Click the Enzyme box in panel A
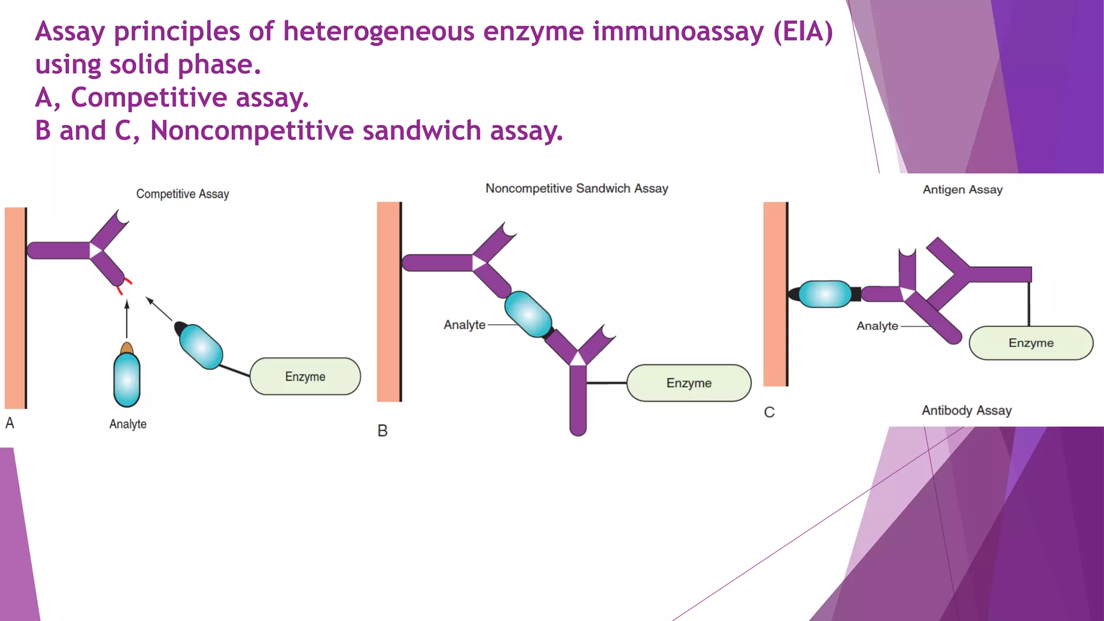pyautogui.click(x=305, y=376)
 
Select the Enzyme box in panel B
pyautogui.click(x=689, y=383)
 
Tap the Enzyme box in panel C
pyautogui.click(x=1031, y=343)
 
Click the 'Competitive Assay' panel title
pyautogui.click(x=182, y=194)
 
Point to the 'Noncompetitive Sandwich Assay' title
pyautogui.click(x=577, y=189)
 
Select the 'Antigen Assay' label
pyautogui.click(x=962, y=190)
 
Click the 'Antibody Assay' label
pyautogui.click(x=967, y=411)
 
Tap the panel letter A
pyautogui.click(x=10, y=423)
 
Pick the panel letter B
pyautogui.click(x=382, y=431)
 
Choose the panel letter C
pyautogui.click(x=769, y=412)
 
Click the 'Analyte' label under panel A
pyautogui.click(x=128, y=424)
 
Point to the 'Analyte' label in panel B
pyautogui.click(x=464, y=325)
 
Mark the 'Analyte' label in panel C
pyautogui.click(x=877, y=326)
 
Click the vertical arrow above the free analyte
pyautogui.click(x=127, y=319)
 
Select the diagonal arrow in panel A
pyautogui.click(x=159, y=309)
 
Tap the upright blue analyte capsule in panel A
pyautogui.click(x=127, y=379)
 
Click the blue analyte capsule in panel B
pyautogui.click(x=528, y=314)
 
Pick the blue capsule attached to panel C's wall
pyautogui.click(x=825, y=294)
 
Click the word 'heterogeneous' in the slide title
pyautogui.click(x=378, y=31)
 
